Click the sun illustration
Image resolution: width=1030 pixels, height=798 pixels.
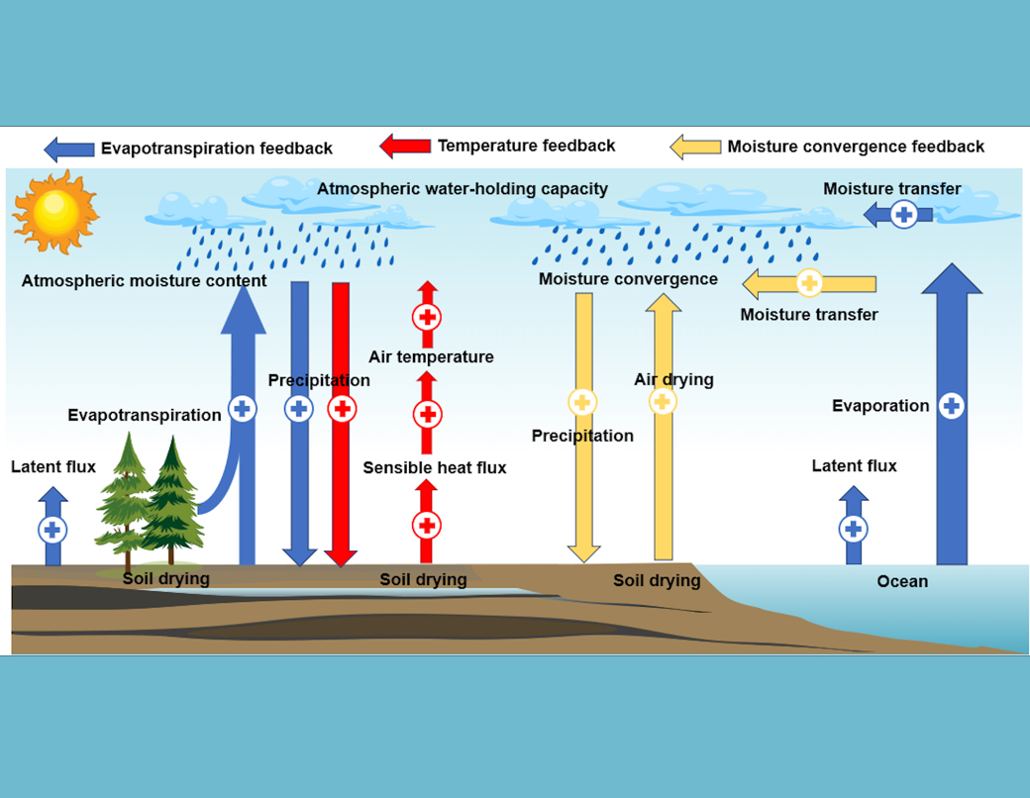click(x=55, y=210)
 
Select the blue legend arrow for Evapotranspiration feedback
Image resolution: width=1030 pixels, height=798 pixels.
click(x=68, y=149)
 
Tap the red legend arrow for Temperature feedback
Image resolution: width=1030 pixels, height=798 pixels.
click(x=405, y=147)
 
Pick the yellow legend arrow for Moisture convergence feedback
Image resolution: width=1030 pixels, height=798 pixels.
click(x=695, y=148)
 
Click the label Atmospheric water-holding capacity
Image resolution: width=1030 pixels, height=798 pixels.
click(x=463, y=188)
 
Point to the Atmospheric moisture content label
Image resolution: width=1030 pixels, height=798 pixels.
click(x=144, y=281)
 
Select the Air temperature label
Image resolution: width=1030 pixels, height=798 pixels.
click(x=431, y=357)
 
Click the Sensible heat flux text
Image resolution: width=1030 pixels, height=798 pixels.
click(x=434, y=467)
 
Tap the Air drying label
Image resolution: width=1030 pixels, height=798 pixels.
click(x=673, y=380)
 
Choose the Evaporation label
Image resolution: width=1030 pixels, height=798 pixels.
click(x=880, y=406)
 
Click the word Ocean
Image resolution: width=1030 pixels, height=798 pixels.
click(x=902, y=581)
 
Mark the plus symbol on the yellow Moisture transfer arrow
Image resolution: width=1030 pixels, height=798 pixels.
click(x=809, y=283)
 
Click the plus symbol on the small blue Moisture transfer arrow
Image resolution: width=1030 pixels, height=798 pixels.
click(x=903, y=214)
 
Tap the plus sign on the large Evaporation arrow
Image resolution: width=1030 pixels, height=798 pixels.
click(x=951, y=405)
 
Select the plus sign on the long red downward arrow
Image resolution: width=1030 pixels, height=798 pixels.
click(x=341, y=408)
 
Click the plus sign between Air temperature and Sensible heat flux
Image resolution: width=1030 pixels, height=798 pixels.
click(x=427, y=414)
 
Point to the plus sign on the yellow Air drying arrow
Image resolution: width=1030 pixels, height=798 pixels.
click(x=663, y=401)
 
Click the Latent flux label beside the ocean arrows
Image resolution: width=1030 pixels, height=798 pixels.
click(x=854, y=466)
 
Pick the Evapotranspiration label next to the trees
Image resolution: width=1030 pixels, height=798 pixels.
click(x=145, y=415)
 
